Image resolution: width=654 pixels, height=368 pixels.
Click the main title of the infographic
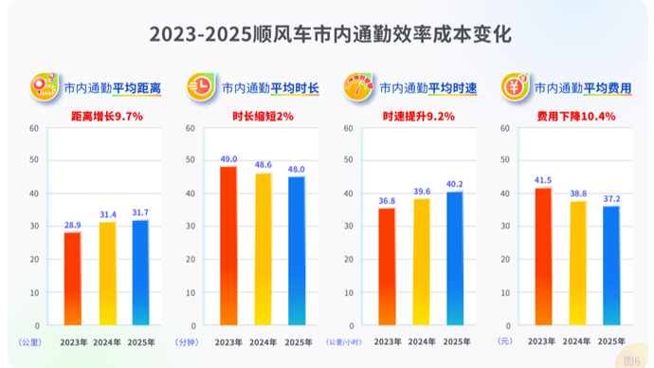point(331,34)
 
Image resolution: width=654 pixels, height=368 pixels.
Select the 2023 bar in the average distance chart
point(73,278)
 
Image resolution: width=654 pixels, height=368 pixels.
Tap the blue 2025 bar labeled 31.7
point(140,272)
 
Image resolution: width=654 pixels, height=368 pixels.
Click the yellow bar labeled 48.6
point(263,249)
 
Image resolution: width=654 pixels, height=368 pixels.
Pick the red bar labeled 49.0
point(228,246)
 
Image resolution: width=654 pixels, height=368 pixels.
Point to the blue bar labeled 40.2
point(455,258)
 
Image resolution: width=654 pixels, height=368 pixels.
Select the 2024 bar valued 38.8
point(578,263)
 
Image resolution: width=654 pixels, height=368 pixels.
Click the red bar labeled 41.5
point(543,256)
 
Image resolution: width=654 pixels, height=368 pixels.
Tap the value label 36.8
point(387,201)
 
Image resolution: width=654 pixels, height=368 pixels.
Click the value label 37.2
point(612,199)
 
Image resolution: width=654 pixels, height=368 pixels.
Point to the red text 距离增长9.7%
point(107,117)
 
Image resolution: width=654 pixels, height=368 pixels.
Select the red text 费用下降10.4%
point(576,117)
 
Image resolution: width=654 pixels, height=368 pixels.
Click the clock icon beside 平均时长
point(201,87)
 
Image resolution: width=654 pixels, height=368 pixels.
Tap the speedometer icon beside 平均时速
point(358,87)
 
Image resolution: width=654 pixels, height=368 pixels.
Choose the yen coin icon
point(515,87)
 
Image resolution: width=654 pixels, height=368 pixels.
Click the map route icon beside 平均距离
point(45,86)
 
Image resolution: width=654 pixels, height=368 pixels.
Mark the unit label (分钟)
point(187,342)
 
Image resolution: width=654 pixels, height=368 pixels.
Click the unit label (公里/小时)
point(344,342)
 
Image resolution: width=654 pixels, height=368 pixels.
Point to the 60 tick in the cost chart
point(505,128)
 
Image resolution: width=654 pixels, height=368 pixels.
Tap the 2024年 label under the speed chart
point(422,341)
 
